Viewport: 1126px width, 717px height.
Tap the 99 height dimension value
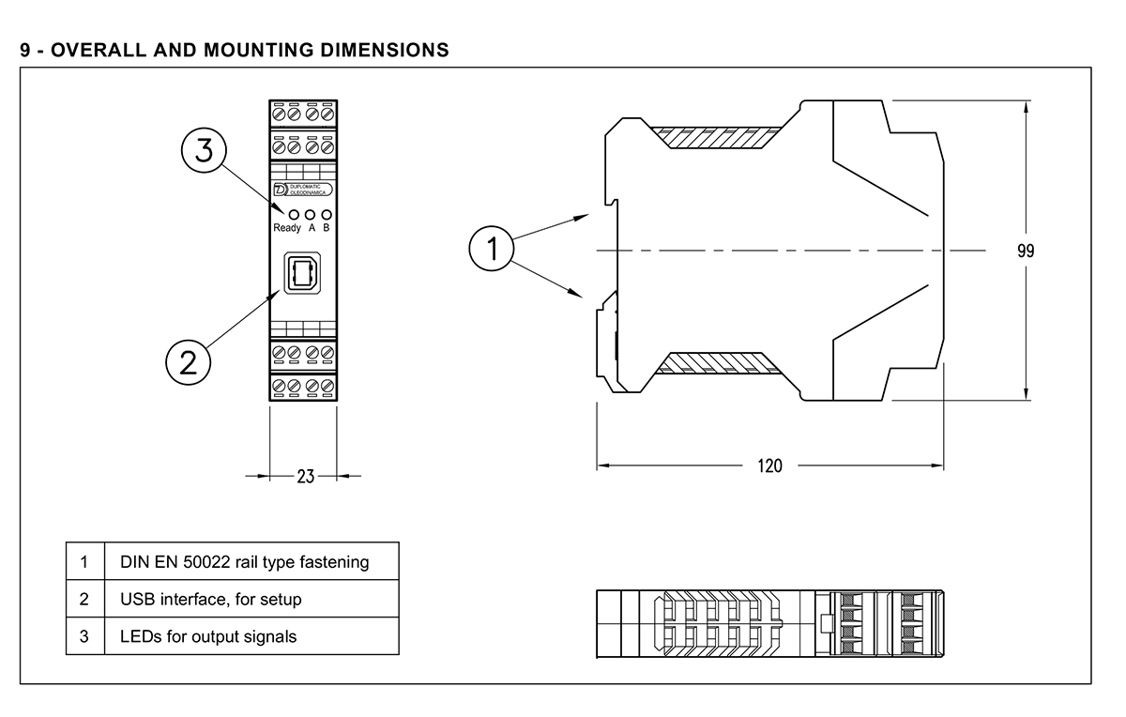tap(1026, 252)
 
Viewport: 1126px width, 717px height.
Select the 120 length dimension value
tap(769, 465)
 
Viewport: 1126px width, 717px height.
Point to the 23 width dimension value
tap(305, 476)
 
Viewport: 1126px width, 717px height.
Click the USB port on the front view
tap(301, 275)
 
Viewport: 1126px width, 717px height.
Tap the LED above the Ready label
tap(280, 214)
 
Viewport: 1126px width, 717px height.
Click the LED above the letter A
tap(309, 214)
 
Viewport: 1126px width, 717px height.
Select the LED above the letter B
tap(326, 214)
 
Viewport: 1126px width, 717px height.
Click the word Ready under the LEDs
tap(286, 228)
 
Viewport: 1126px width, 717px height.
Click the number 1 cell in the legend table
tap(84, 562)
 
